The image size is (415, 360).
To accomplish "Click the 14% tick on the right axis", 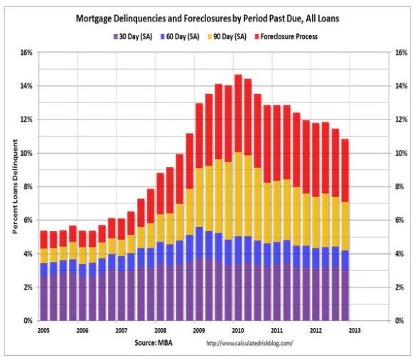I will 399,86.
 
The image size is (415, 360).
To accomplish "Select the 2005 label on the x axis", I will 43,331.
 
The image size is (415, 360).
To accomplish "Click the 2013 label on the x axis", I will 355,331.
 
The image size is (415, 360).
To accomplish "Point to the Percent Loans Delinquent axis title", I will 15,186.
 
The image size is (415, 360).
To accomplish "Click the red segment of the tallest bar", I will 238,114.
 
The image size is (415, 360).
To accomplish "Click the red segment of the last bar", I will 344,171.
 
